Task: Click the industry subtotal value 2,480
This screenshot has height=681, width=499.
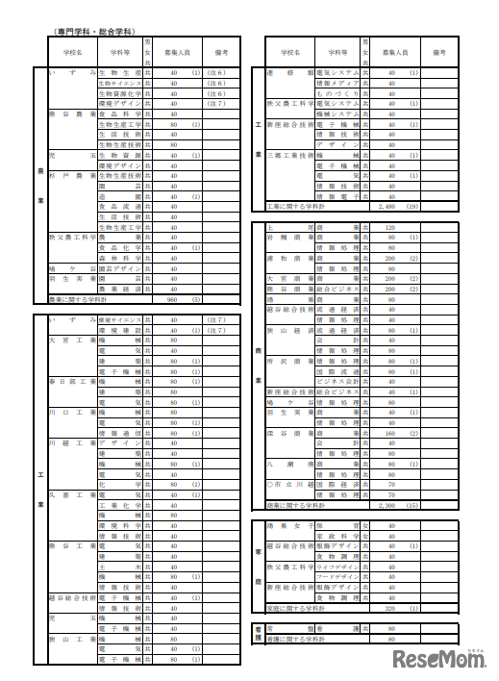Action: (389, 206)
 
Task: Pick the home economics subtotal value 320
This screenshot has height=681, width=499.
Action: (389, 608)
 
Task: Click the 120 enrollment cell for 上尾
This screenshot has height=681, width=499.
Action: (389, 228)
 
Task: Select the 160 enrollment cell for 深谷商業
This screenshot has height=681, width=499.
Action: (389, 434)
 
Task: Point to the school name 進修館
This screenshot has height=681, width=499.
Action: (289, 73)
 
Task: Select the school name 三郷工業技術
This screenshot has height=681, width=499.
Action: (289, 155)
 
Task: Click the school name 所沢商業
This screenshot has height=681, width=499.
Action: (289, 363)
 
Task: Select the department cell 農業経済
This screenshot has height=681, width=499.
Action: (119, 289)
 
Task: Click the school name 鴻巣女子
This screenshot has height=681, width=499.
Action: (289, 526)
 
